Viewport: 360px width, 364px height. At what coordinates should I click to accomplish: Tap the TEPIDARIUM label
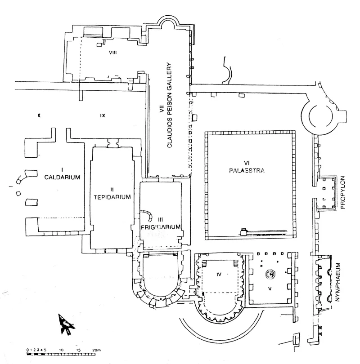112,197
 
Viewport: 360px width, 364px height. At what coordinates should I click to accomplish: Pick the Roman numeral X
39,115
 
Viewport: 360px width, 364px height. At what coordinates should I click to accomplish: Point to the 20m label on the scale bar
96,349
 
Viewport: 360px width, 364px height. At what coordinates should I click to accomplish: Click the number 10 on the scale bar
61,349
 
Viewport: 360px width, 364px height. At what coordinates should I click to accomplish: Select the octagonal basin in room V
271,273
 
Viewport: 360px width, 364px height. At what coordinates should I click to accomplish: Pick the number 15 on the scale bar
79,349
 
